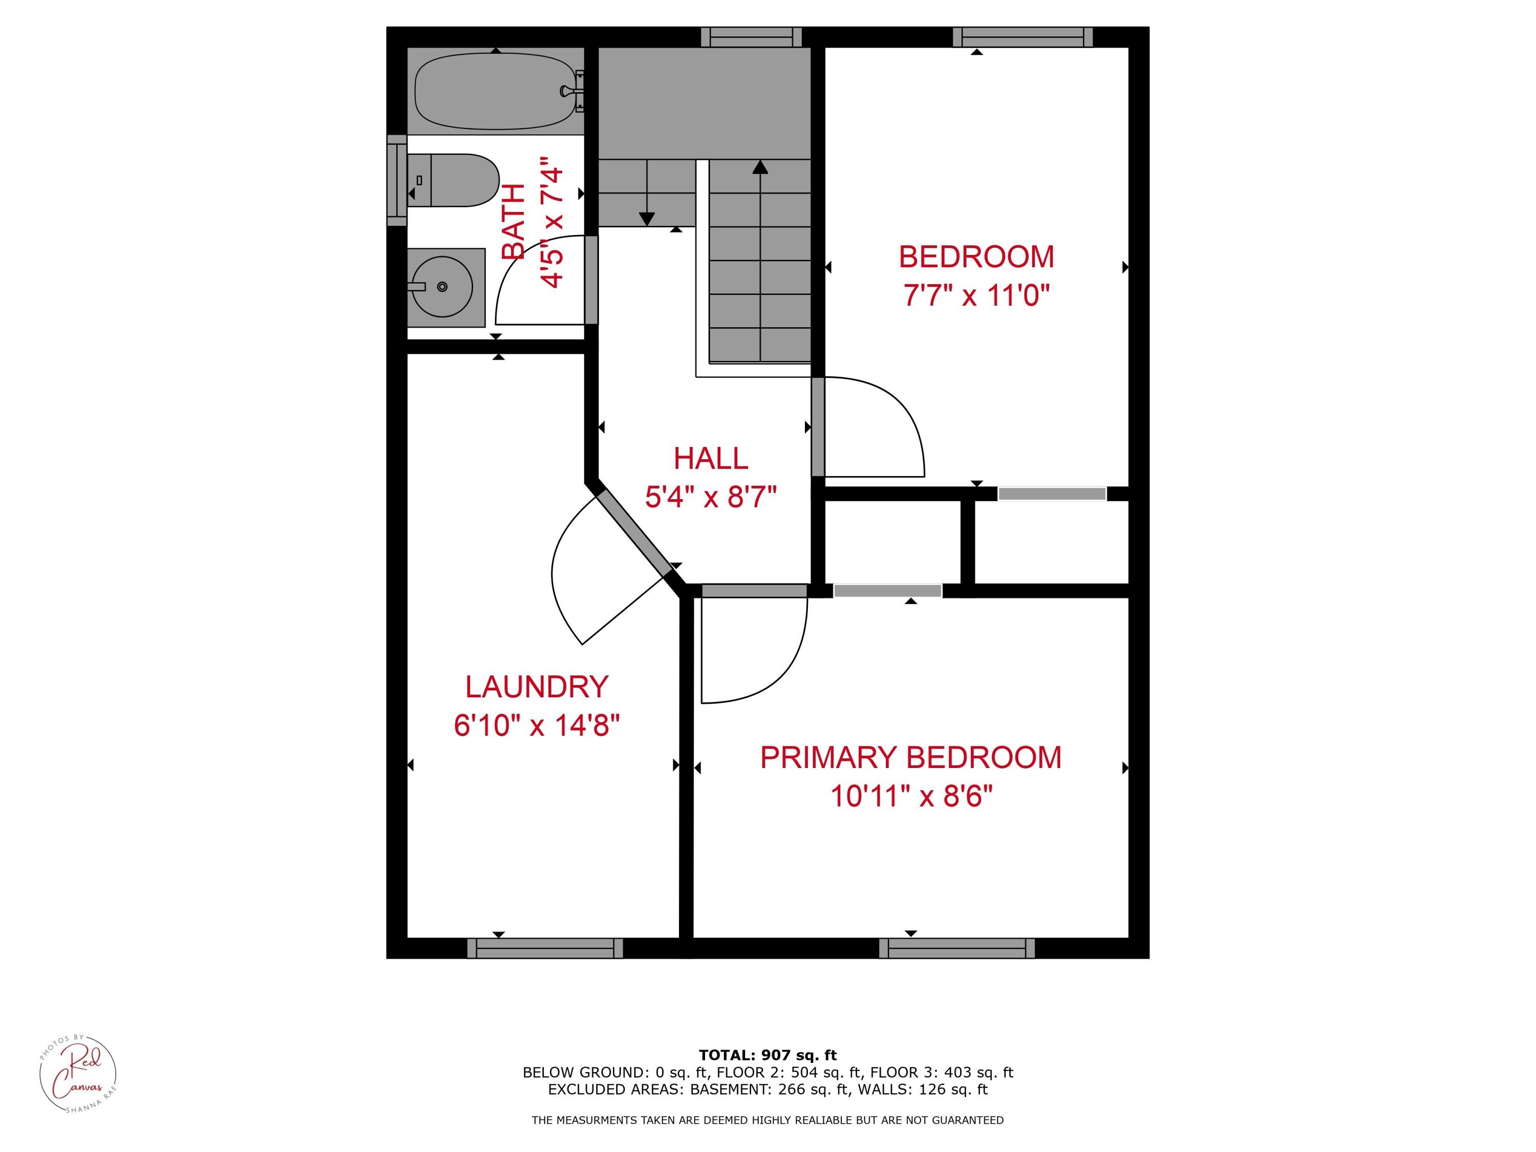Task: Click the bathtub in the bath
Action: click(x=495, y=92)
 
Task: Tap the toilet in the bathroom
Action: click(x=455, y=181)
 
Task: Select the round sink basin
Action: click(x=442, y=287)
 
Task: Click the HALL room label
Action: click(x=710, y=458)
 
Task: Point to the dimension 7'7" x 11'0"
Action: click(x=976, y=296)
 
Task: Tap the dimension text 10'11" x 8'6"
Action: click(x=910, y=796)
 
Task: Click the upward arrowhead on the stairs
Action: click(x=760, y=166)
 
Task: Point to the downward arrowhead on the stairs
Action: click(x=647, y=219)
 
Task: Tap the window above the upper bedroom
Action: click(x=1022, y=37)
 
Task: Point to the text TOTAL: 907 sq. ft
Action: click(x=767, y=1055)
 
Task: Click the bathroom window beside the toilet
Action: click(x=396, y=181)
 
